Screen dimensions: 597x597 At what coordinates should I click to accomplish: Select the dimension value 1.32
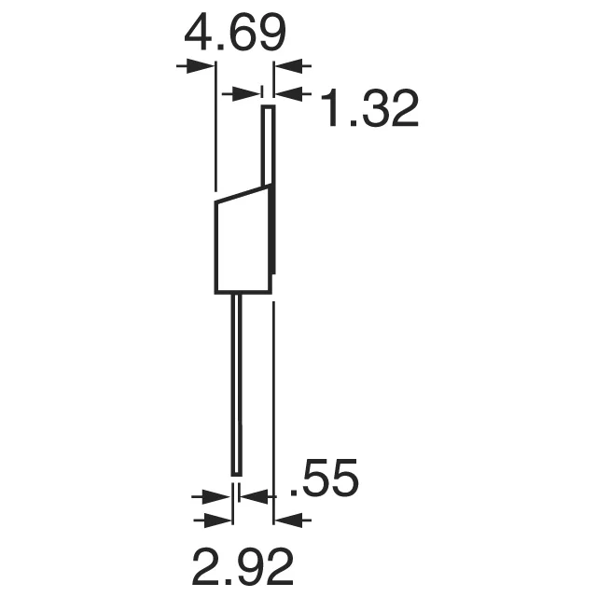[368, 110]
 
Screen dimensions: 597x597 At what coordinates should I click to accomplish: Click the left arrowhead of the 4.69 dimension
[201, 66]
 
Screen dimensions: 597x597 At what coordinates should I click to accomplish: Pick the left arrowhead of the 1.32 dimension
[244, 92]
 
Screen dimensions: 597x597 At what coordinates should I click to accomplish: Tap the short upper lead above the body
[267, 145]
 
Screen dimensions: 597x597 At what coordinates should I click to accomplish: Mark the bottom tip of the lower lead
[237, 472]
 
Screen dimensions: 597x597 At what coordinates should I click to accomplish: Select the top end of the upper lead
[267, 108]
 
